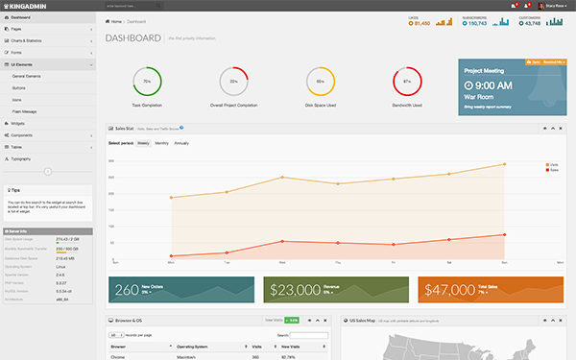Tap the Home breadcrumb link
click(117, 20)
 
